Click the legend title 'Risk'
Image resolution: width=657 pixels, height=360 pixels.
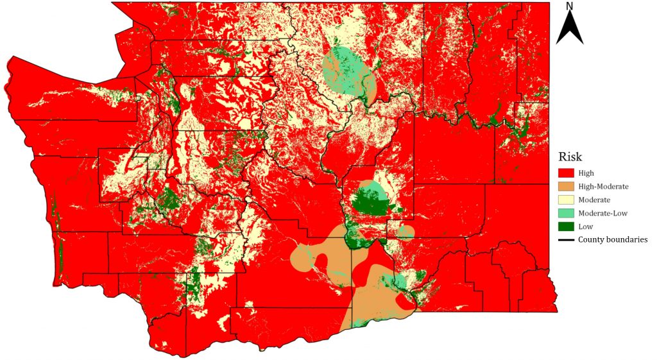click(x=571, y=157)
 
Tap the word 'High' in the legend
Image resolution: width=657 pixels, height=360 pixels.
click(x=586, y=173)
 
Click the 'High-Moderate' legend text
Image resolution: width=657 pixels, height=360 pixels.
click(x=603, y=186)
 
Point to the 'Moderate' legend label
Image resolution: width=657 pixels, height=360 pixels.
click(x=594, y=200)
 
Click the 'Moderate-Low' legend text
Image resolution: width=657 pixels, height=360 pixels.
click(x=602, y=213)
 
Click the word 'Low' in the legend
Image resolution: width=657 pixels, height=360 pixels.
click(x=585, y=227)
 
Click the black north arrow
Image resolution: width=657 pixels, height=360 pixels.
click(x=569, y=29)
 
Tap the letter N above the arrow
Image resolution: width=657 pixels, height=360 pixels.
click(x=569, y=6)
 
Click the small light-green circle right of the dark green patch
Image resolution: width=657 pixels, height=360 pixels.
click(x=405, y=232)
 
